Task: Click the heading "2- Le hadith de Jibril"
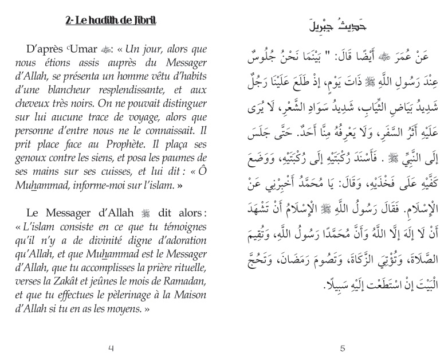[111, 22]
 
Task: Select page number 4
[111, 347]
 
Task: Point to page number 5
[342, 347]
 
